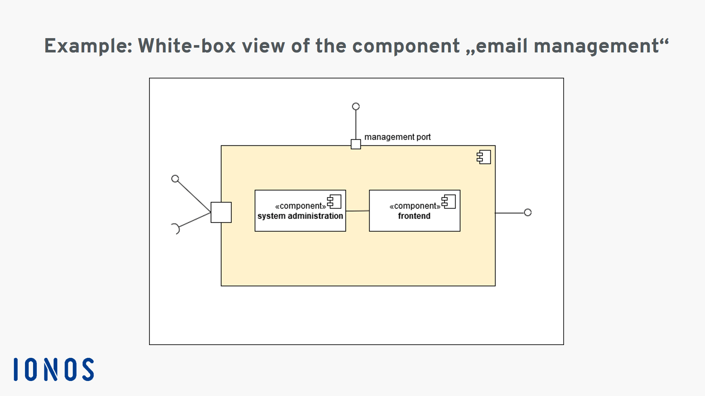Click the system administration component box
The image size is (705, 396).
[300, 210]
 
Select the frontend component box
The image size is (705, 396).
[415, 210]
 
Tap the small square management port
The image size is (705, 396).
[356, 144]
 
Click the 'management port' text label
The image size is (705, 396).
[397, 137]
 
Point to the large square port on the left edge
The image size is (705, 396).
[221, 212]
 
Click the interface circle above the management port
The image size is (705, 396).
[356, 106]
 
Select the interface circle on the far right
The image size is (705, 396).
[528, 212]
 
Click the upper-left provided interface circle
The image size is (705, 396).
[175, 179]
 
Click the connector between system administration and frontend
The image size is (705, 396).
[358, 211]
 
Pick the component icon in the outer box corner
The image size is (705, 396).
[484, 157]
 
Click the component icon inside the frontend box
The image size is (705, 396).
[448, 202]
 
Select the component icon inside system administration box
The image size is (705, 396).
[334, 202]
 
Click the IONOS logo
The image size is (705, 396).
[54, 369]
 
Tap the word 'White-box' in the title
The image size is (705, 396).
[187, 46]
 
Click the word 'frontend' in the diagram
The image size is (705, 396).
[414, 216]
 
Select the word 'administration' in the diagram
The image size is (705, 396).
[315, 216]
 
